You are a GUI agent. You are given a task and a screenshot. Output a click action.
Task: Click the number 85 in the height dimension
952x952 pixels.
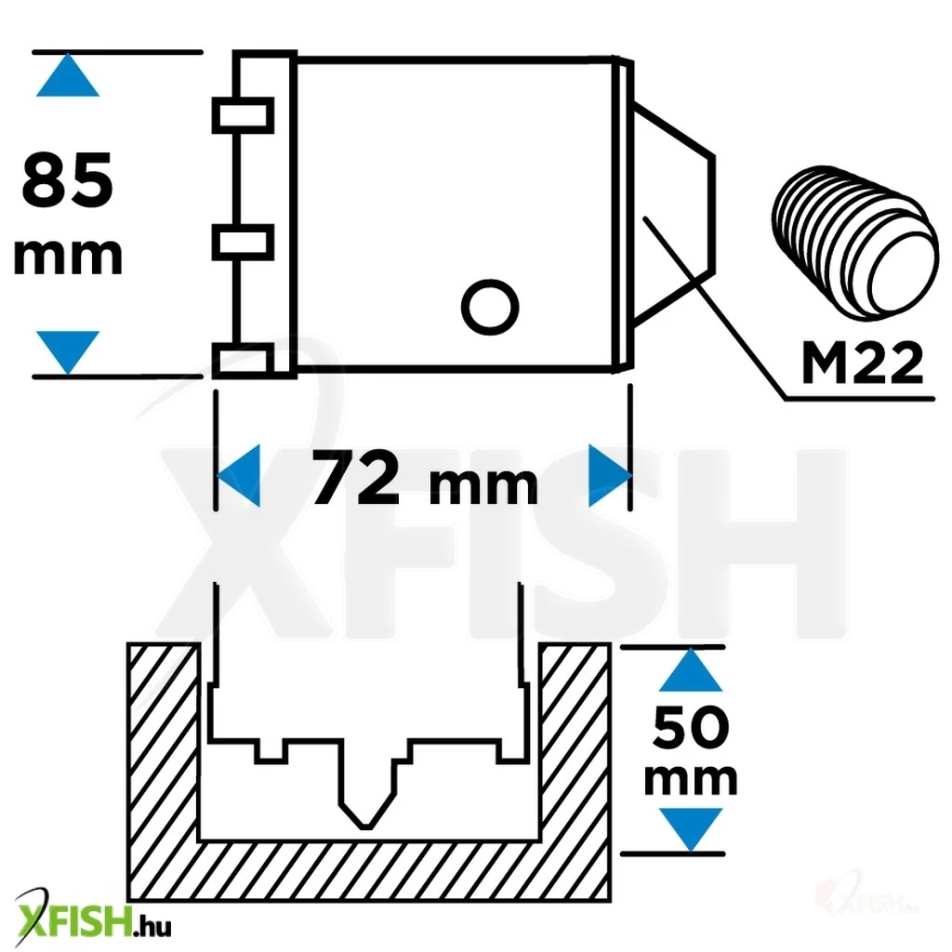click(67, 179)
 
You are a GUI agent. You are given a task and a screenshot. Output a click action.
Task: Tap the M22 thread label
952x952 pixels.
click(862, 363)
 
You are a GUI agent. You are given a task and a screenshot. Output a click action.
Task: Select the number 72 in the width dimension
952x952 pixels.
click(355, 477)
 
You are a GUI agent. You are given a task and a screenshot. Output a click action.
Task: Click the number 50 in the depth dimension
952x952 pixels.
click(691, 726)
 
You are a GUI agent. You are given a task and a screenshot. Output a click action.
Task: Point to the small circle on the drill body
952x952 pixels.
click(490, 307)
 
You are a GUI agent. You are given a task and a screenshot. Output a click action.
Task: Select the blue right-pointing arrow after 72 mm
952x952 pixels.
click(610, 475)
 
